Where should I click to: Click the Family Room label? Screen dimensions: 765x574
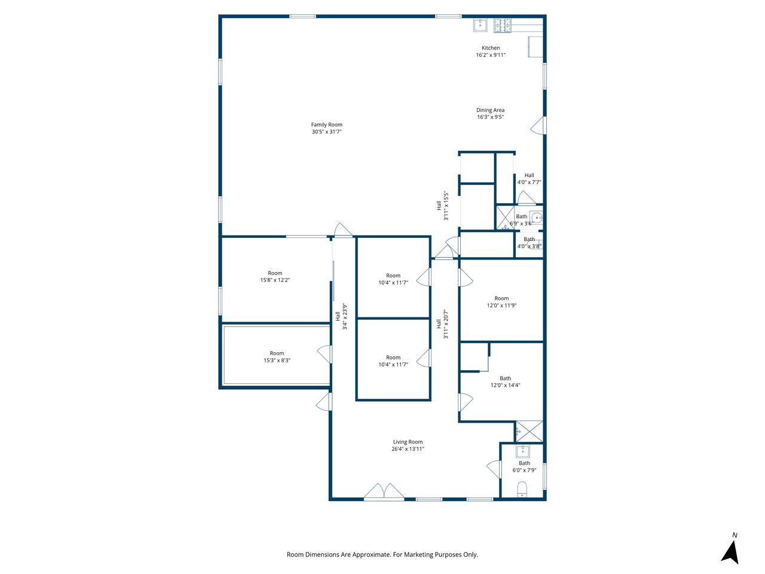[326, 128]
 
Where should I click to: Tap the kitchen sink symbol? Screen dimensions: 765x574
[481, 25]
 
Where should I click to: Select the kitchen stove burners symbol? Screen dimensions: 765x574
[502, 26]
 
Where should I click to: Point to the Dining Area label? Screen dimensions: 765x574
[490, 113]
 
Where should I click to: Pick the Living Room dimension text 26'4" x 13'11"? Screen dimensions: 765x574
[408, 449]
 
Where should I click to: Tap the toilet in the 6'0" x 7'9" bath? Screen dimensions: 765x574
[522, 490]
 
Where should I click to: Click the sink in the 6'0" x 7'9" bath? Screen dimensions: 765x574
[522, 451]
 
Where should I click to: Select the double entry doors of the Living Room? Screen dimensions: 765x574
[384, 491]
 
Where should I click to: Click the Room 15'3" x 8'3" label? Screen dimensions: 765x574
[277, 357]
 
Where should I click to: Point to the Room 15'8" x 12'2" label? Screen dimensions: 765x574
[275, 276]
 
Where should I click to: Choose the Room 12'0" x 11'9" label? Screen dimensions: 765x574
[501, 302]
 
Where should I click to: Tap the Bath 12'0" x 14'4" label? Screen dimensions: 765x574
[505, 381]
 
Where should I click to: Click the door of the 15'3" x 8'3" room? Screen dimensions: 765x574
[325, 355]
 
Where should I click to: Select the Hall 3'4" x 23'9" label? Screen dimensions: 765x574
[341, 316]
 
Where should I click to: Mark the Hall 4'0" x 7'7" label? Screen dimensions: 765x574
[529, 179]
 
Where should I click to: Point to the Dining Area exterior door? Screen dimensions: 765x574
[538, 126]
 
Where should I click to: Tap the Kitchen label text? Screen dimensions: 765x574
[490, 48]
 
